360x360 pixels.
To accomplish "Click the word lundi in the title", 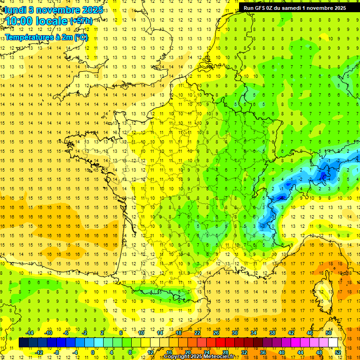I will [15, 9].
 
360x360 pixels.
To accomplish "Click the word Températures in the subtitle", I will [28, 37].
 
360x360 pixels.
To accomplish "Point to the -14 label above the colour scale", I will [29, 333].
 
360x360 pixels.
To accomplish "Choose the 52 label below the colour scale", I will [337, 352].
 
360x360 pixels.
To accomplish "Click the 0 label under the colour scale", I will [93, 352].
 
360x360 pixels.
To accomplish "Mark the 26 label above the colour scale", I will [216, 333].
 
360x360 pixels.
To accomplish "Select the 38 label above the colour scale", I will [272, 333].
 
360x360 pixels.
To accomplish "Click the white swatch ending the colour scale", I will [333, 343].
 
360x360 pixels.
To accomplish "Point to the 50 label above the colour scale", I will [329, 333].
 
